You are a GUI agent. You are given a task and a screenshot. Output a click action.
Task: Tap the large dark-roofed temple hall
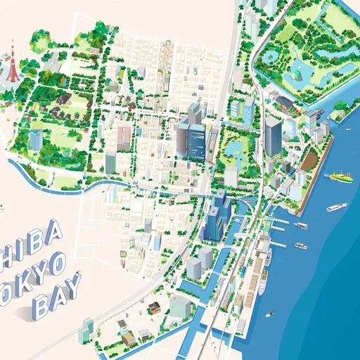61,99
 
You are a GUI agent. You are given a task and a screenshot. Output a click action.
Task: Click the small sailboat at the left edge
2,208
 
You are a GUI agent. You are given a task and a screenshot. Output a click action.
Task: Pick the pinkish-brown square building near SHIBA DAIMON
124,135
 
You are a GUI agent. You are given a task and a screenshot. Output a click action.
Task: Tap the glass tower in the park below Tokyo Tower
36,139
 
